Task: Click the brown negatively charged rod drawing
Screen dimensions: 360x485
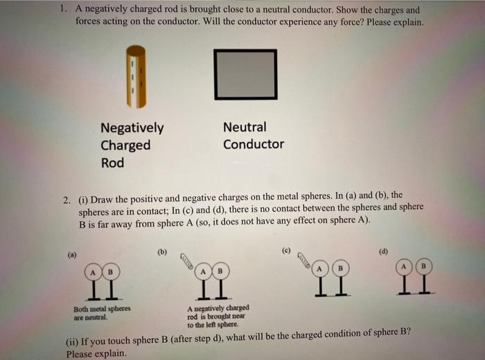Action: (139, 76)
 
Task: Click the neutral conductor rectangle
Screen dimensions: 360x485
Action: (245, 74)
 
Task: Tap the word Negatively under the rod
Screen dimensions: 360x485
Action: (132, 128)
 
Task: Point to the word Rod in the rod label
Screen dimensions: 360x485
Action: (112, 163)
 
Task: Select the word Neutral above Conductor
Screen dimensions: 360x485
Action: (245, 127)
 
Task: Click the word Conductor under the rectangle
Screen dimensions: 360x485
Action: (253, 145)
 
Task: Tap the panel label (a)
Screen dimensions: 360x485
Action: (72, 255)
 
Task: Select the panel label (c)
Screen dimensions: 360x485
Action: (285, 249)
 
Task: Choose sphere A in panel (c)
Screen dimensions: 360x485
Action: (319, 267)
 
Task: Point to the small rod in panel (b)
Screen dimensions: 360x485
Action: (184, 259)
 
